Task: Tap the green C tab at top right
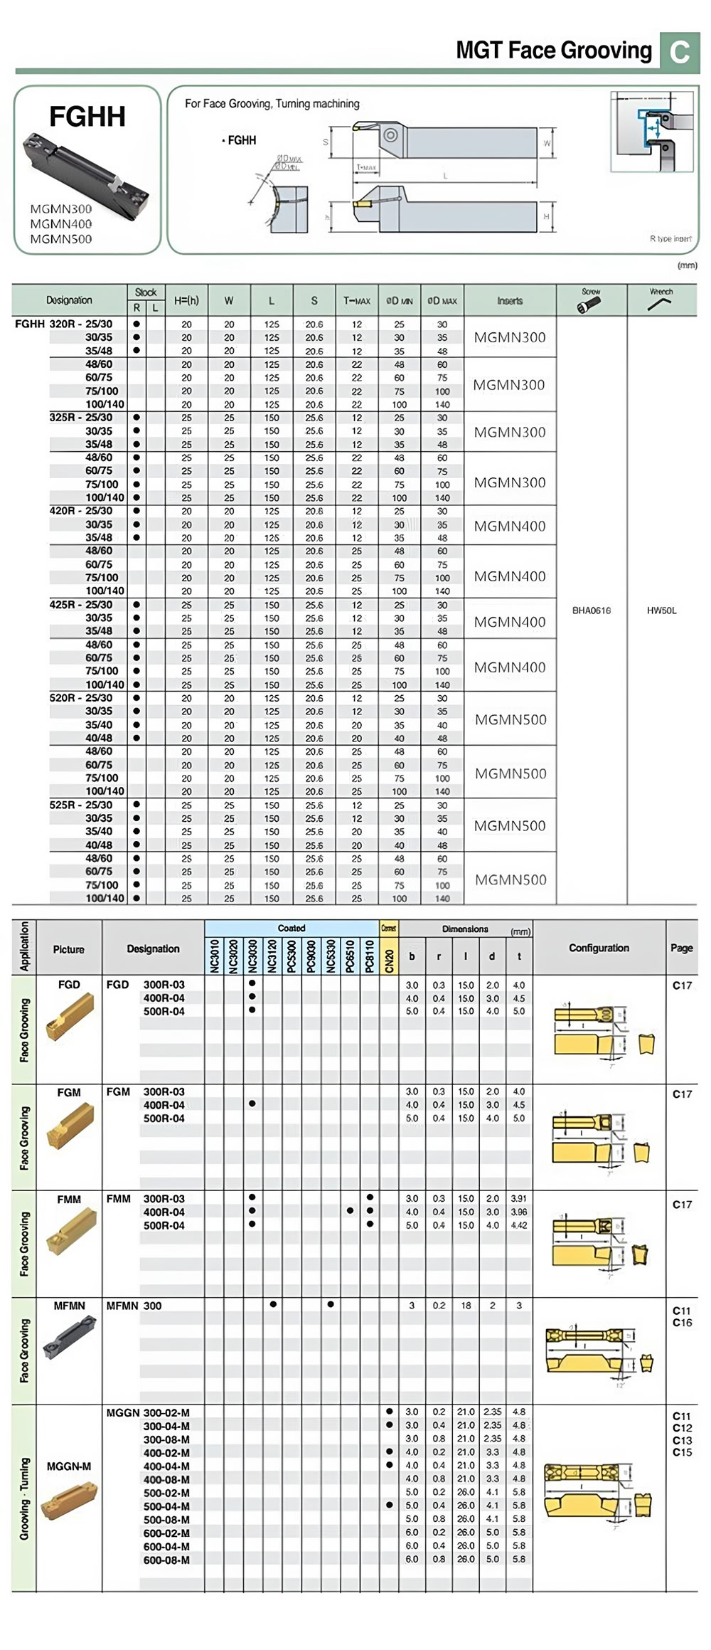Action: (x=679, y=52)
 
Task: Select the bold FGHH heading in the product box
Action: (x=87, y=117)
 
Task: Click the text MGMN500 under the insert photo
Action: (x=61, y=239)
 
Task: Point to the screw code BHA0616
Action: (x=592, y=610)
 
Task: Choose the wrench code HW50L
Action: (x=661, y=610)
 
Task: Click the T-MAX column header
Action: (x=357, y=301)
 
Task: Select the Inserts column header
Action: (x=510, y=301)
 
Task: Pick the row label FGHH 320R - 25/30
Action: (x=64, y=324)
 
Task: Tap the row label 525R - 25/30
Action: (x=81, y=805)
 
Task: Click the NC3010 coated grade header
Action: (x=215, y=956)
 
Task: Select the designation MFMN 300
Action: (x=134, y=1306)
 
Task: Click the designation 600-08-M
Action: (x=166, y=1560)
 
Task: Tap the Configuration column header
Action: (x=599, y=948)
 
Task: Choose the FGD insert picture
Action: (x=69, y=1017)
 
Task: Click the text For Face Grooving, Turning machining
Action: (x=272, y=104)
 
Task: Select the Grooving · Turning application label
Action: (x=24, y=1498)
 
